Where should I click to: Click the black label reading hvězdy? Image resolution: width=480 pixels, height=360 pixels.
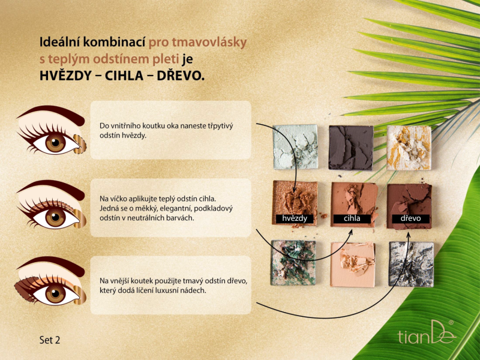pyautogui.click(x=295, y=218)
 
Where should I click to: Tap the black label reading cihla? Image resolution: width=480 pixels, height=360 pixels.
pyautogui.click(x=352, y=218)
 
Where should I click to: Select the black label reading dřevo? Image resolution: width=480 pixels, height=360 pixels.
pyautogui.click(x=410, y=218)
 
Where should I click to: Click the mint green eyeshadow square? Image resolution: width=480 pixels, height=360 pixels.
pyautogui.click(x=295, y=146)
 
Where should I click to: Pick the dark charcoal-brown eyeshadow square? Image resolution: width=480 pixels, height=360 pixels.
pyautogui.click(x=351, y=148)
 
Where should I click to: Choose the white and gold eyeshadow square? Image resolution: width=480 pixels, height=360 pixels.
pyautogui.click(x=409, y=148)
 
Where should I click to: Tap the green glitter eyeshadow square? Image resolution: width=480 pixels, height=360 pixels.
pyautogui.click(x=293, y=263)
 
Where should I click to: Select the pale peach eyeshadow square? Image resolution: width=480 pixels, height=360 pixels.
pyautogui.click(x=353, y=265)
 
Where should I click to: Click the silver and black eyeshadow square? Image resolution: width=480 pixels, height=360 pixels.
pyautogui.click(x=411, y=264)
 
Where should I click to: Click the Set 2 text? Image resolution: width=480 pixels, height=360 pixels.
pyautogui.click(x=50, y=340)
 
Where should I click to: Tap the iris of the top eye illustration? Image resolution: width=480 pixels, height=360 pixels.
pyautogui.click(x=55, y=143)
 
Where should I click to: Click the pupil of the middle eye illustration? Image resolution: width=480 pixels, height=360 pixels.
pyautogui.click(x=55, y=217)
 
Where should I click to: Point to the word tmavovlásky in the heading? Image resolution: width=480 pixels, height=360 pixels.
pyautogui.click(x=209, y=43)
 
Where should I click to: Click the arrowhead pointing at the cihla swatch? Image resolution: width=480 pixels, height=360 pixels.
pyautogui.click(x=351, y=232)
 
